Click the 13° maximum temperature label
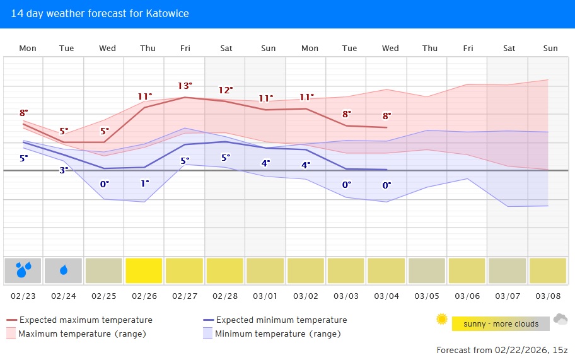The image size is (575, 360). (x=184, y=86)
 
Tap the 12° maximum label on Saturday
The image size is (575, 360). (x=225, y=90)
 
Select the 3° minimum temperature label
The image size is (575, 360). (x=64, y=170)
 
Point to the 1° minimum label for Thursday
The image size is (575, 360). (x=145, y=183)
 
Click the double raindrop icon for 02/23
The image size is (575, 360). (x=23, y=270)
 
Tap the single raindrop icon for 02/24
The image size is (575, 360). (x=64, y=270)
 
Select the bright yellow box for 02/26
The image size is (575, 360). (x=144, y=270)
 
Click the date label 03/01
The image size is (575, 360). (x=265, y=296)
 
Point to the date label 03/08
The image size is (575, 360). (x=547, y=296)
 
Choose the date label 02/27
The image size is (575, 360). (x=184, y=296)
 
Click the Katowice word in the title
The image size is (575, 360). (x=168, y=13)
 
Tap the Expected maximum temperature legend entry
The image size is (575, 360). (x=86, y=320)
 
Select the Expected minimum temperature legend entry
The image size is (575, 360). (x=281, y=320)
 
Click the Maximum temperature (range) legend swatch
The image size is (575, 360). (x=11, y=334)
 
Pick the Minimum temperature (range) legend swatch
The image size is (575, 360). (x=207, y=334)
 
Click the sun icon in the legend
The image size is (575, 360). (x=442, y=320)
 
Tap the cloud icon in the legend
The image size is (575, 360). (x=560, y=320)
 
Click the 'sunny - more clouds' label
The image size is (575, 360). (x=501, y=324)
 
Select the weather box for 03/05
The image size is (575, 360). (x=427, y=270)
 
